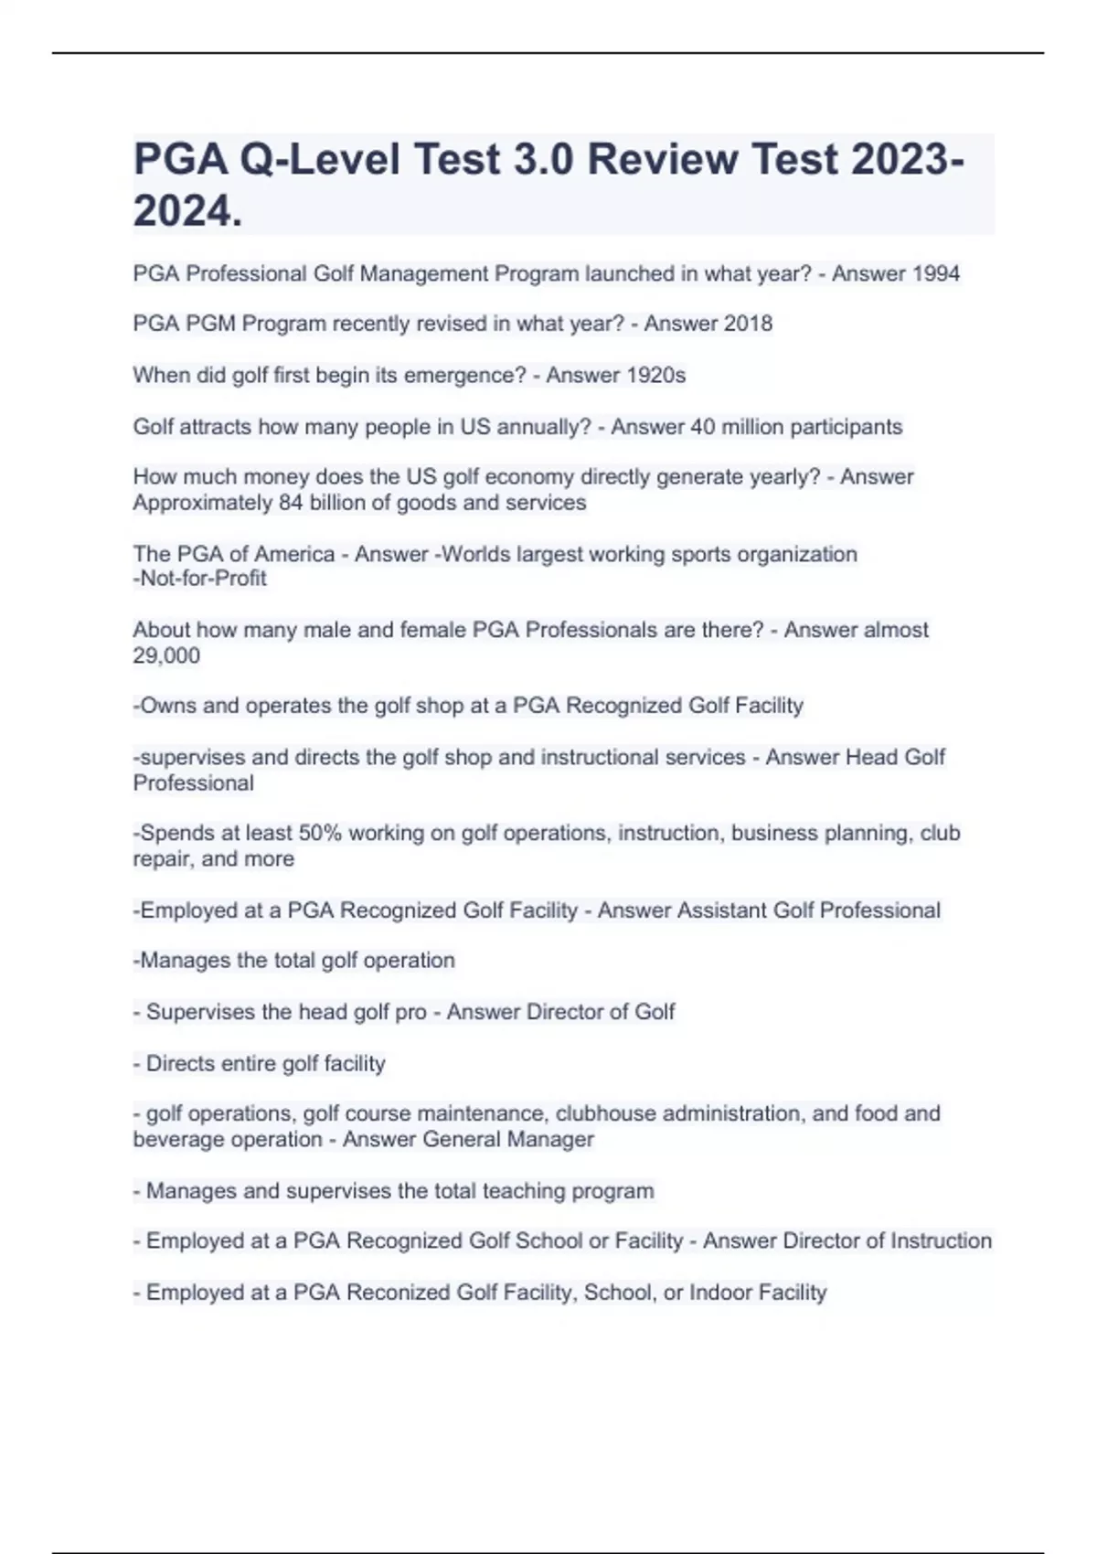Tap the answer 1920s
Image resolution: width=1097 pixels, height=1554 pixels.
click(654, 375)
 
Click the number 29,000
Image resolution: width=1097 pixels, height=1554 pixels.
click(166, 655)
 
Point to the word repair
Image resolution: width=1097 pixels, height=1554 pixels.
click(161, 859)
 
